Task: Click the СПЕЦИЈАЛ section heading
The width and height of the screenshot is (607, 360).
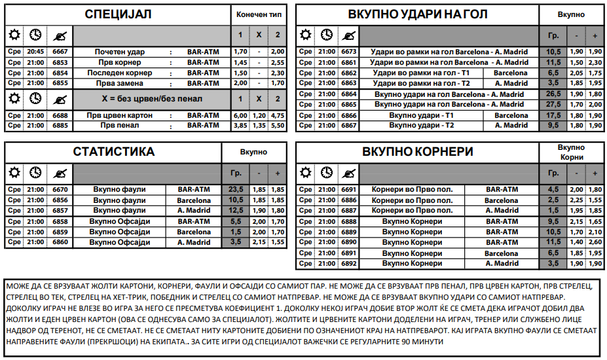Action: tap(119, 14)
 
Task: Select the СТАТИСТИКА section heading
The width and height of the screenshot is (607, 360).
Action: tap(114, 152)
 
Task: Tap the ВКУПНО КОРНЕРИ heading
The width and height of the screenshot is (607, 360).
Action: tap(418, 152)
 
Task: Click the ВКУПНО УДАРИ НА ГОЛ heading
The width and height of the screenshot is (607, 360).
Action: tap(417, 14)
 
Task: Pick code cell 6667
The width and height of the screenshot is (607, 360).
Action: tap(60, 52)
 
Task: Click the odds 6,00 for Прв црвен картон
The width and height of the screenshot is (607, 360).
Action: tap(240, 115)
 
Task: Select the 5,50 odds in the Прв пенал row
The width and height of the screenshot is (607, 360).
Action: tap(278, 126)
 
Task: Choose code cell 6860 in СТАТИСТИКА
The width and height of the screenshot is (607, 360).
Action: tap(60, 242)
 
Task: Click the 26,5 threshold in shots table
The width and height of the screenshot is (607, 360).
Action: tap(553, 94)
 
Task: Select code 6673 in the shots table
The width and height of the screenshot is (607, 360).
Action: tap(349, 52)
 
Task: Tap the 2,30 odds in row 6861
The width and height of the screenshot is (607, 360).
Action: tap(595, 63)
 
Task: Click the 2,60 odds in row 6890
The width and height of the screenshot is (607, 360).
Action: tap(595, 242)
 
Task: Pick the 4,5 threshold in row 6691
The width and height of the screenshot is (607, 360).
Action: tap(553, 190)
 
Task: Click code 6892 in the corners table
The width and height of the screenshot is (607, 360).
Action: tap(349, 264)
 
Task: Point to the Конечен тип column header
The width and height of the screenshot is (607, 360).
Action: tap(259, 14)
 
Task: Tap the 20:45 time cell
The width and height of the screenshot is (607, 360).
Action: tap(35, 52)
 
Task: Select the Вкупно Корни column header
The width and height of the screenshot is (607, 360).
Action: tap(572, 152)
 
